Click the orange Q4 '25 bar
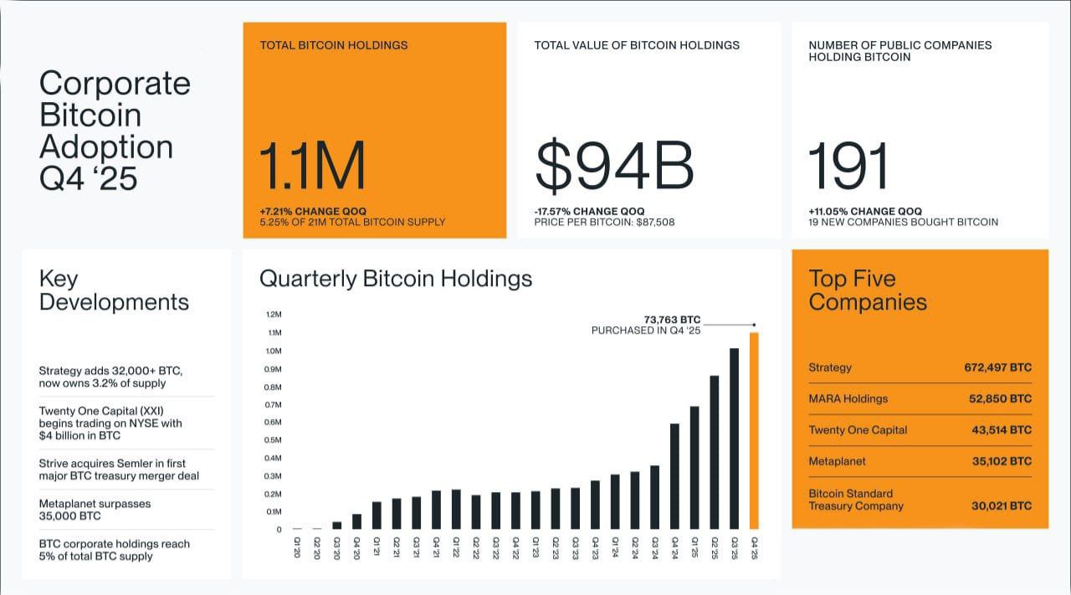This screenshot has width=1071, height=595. pyautogui.click(x=754, y=431)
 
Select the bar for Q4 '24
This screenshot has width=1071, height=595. pyautogui.click(x=674, y=476)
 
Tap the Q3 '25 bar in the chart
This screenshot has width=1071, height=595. pyautogui.click(x=734, y=439)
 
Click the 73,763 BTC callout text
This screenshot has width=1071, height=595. pyautogui.click(x=672, y=320)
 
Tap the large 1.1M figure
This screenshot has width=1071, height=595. pyautogui.click(x=312, y=167)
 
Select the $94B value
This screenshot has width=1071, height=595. pyautogui.click(x=614, y=167)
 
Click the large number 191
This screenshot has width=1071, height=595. pyautogui.click(x=848, y=167)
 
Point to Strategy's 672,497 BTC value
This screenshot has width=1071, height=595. pyautogui.click(x=997, y=367)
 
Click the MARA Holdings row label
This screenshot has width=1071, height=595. pyautogui.click(x=848, y=399)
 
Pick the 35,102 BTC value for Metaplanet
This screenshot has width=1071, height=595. pyautogui.click(x=1002, y=461)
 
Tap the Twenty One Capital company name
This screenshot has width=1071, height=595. pyautogui.click(x=858, y=430)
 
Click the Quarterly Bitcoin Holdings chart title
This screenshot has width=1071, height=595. pyautogui.click(x=396, y=279)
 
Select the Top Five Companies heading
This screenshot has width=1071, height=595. pyautogui.click(x=868, y=290)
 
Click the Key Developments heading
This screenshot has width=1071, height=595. pyautogui.click(x=114, y=290)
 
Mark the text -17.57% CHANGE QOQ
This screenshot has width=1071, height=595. pyautogui.click(x=589, y=211)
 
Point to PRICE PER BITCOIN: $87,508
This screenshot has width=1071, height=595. pyautogui.click(x=604, y=223)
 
